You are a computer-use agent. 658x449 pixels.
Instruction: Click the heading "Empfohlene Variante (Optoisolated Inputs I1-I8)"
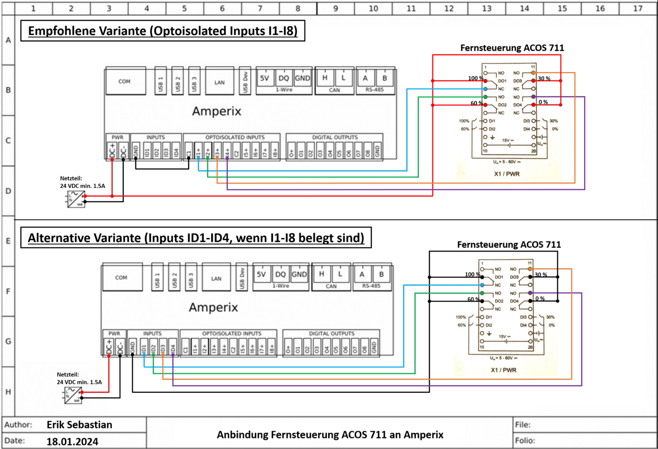point(163,31)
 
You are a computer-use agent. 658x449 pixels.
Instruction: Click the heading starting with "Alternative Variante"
point(196,238)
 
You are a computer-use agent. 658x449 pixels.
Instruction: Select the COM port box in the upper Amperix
point(124,81)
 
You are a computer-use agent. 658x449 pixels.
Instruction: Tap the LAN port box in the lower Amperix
point(216,278)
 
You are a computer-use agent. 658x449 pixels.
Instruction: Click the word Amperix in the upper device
point(216,111)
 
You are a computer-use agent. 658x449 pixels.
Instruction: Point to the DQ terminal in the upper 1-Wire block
point(284,78)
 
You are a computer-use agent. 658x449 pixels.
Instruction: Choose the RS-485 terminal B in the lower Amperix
point(382,274)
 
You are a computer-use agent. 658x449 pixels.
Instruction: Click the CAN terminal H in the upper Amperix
point(325,78)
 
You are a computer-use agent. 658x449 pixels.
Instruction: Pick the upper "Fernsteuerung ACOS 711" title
point(512,48)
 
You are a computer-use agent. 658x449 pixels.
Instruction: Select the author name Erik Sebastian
point(80,425)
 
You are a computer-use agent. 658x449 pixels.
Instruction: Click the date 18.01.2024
point(72,442)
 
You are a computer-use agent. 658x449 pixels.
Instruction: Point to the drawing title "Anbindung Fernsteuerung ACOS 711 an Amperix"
point(330,435)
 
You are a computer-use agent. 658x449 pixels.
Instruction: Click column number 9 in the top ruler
point(335,8)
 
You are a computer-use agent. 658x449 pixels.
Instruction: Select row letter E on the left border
point(8,241)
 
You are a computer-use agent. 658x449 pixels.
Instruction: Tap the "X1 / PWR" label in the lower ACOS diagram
point(504,370)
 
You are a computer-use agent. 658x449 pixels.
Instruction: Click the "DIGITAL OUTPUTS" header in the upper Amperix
point(335,137)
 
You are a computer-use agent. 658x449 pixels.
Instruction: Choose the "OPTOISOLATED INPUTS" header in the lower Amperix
point(232,334)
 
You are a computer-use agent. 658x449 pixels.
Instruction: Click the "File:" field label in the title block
point(523,425)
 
